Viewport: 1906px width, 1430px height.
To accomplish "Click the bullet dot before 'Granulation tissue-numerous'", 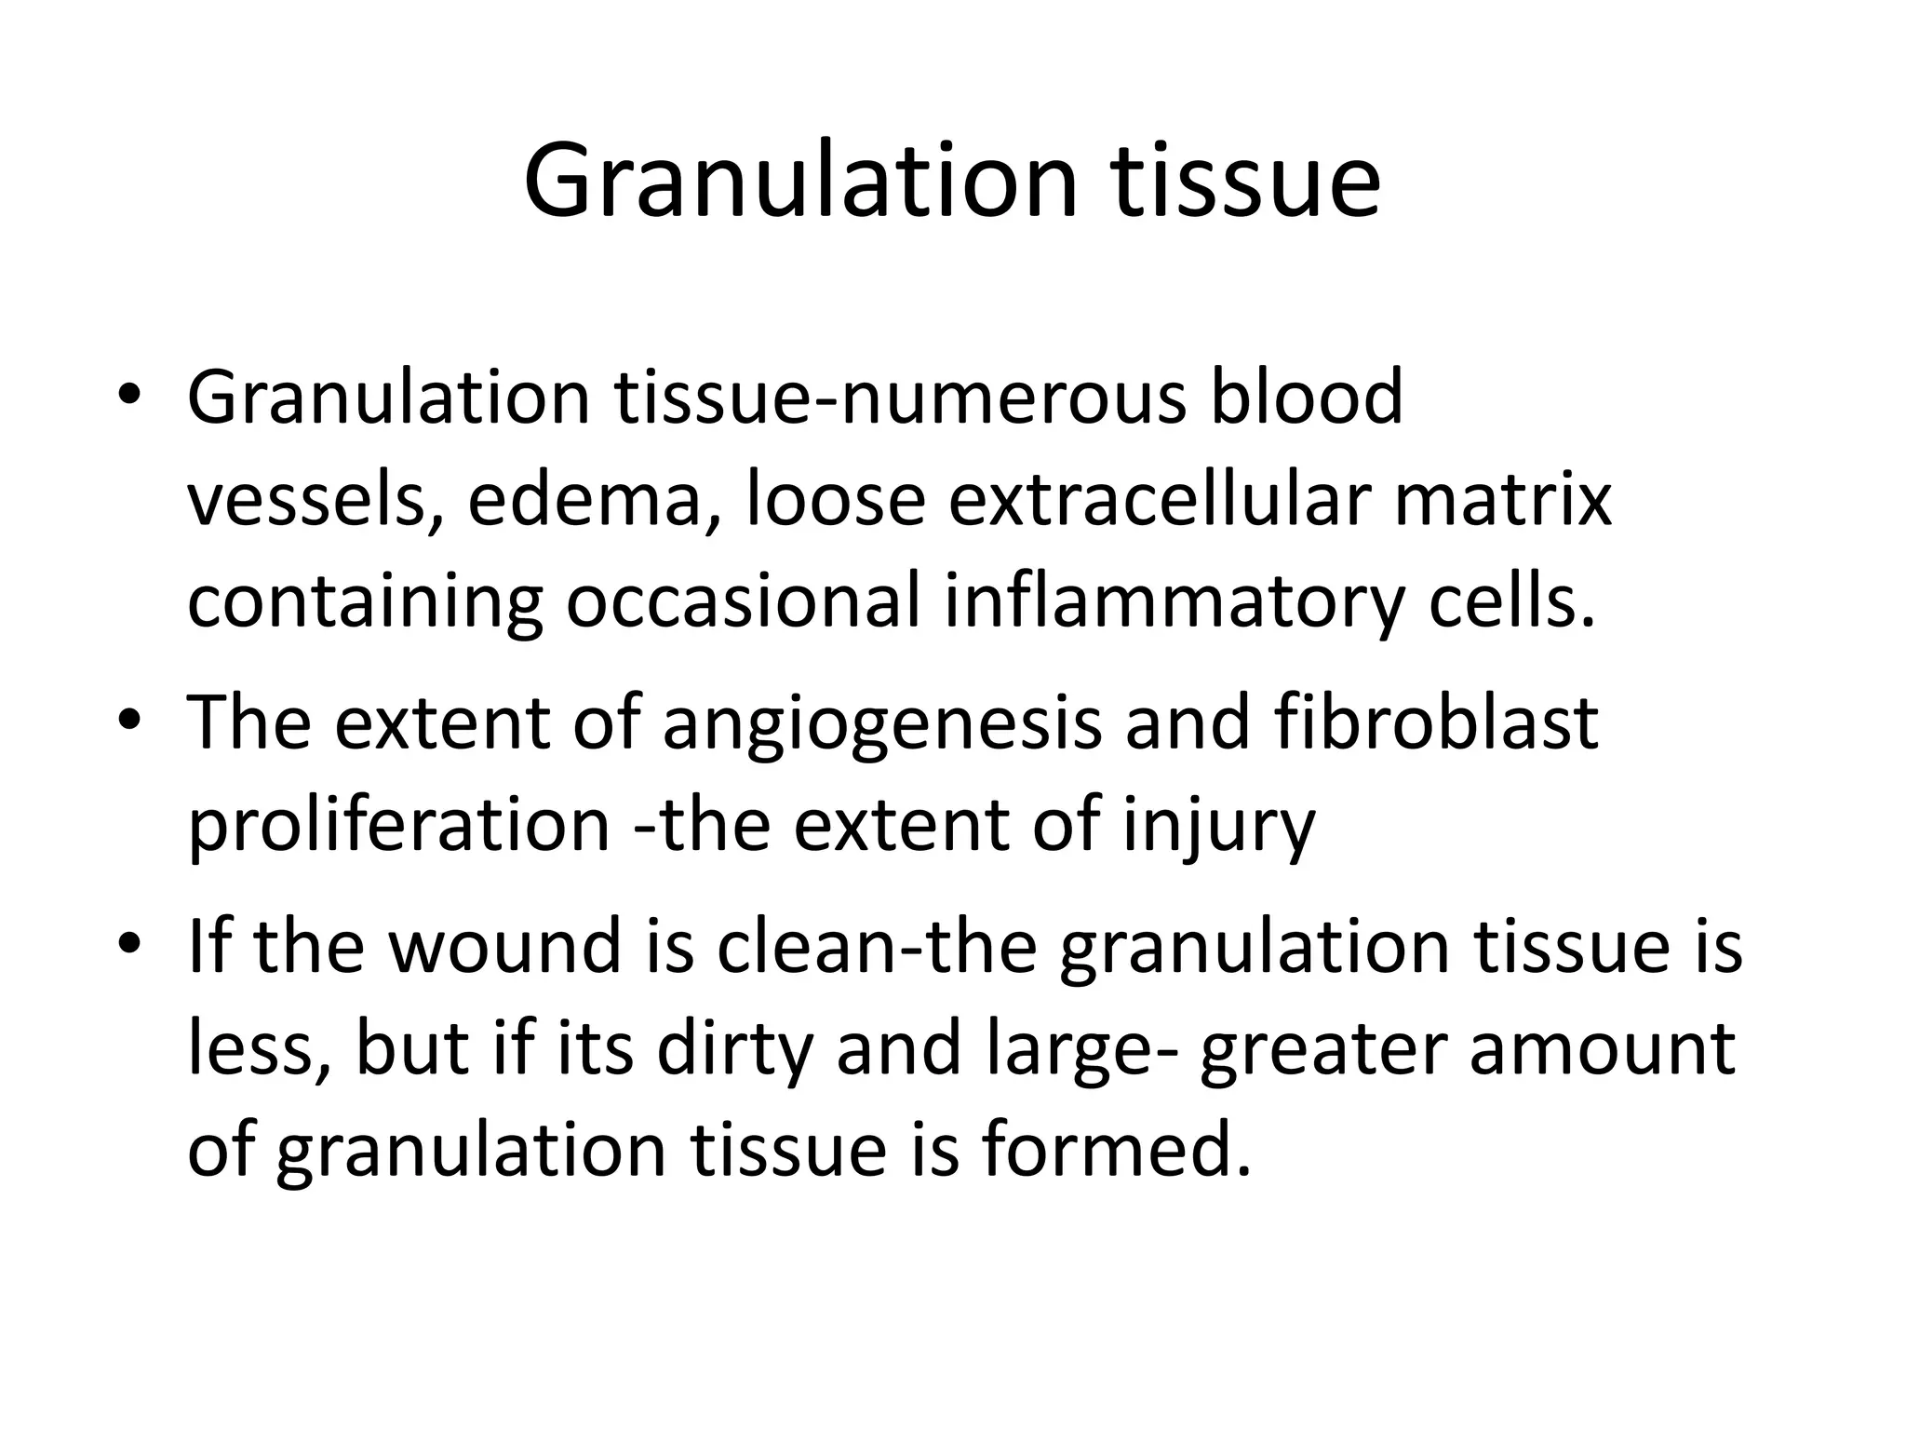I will pyautogui.click(x=129, y=395).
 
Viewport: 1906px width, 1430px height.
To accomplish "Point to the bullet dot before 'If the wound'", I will pyautogui.click(x=129, y=944).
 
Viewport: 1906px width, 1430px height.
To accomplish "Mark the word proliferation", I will pyautogui.click(x=399, y=827).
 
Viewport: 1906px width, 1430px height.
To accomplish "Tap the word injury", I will pyautogui.click(x=1218, y=827).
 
